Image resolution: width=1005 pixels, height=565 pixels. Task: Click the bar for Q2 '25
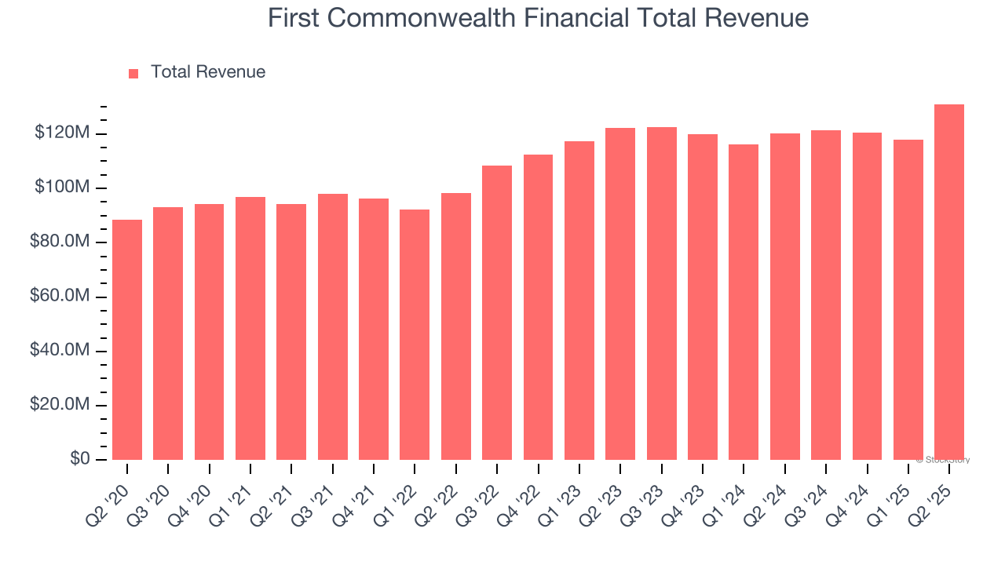point(948,282)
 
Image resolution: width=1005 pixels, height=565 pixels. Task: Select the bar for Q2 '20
point(127,340)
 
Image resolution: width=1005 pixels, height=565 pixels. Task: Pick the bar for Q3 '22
point(497,313)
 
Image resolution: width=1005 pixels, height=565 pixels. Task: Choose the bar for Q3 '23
point(661,293)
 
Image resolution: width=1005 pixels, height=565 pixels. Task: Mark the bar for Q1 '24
point(744,302)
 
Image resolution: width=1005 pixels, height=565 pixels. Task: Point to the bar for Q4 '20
point(209,332)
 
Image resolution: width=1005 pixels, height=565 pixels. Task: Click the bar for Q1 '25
point(908,300)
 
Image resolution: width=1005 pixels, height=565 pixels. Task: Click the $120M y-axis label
point(62,133)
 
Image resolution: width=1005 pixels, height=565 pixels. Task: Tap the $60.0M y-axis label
point(59,297)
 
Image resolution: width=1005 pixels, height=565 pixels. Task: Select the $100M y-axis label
point(62,188)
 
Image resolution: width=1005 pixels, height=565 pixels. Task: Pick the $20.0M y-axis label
point(59,405)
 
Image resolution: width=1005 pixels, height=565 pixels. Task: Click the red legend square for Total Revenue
point(133,73)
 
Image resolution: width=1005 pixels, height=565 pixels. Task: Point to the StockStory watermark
point(943,460)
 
